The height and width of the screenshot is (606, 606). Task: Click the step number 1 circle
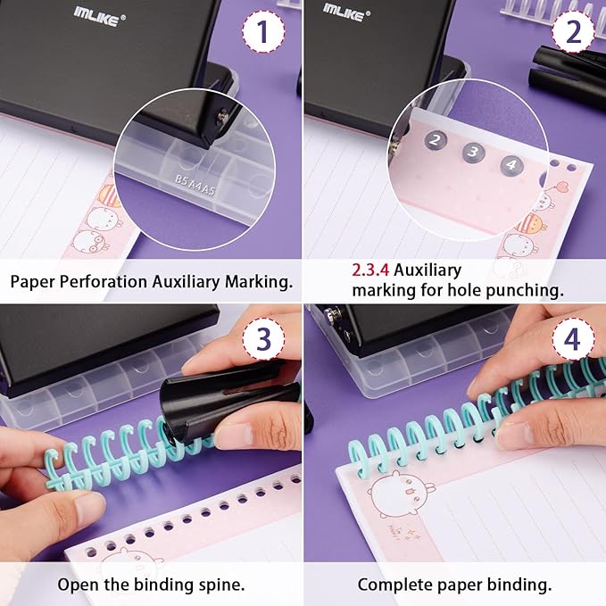pyautogui.click(x=261, y=32)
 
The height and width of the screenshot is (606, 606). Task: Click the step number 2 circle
pyautogui.click(x=572, y=32)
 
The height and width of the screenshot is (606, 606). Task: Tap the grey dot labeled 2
pyautogui.click(x=435, y=139)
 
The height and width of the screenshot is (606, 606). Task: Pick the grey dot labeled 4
pyautogui.click(x=511, y=163)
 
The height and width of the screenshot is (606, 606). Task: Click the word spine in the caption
pyautogui.click(x=220, y=585)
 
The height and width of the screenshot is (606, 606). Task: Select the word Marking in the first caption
pyautogui.click(x=261, y=282)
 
